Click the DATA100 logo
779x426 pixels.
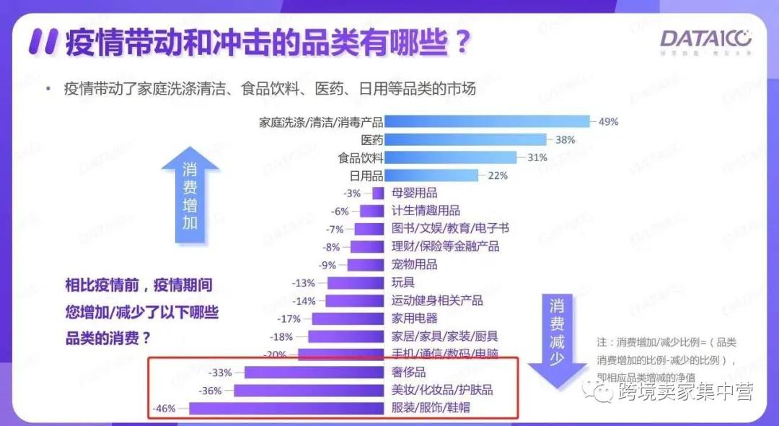point(706,40)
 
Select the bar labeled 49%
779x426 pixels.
point(488,122)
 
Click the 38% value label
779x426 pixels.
point(565,140)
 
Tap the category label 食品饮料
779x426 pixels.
point(361,157)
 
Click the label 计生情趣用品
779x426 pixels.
point(426,211)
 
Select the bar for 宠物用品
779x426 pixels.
point(366,264)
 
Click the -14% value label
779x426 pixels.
point(304,300)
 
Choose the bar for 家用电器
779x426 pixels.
point(348,318)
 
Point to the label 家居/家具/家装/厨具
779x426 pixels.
point(444,336)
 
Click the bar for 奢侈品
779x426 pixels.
point(314,373)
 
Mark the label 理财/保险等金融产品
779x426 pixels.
point(445,247)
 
